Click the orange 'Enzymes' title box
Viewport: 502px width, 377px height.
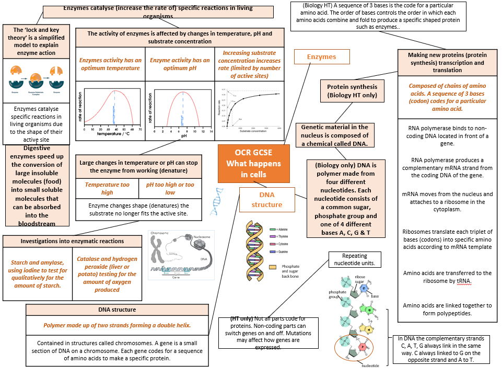(x=321, y=57)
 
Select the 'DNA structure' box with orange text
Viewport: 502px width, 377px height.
(x=266, y=199)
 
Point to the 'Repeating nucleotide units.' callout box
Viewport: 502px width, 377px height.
(x=354, y=259)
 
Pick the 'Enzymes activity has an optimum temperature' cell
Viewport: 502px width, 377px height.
(x=110, y=64)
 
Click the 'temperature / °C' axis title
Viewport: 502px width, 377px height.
(x=112, y=134)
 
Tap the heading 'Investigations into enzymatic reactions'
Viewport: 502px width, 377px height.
(x=72, y=241)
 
